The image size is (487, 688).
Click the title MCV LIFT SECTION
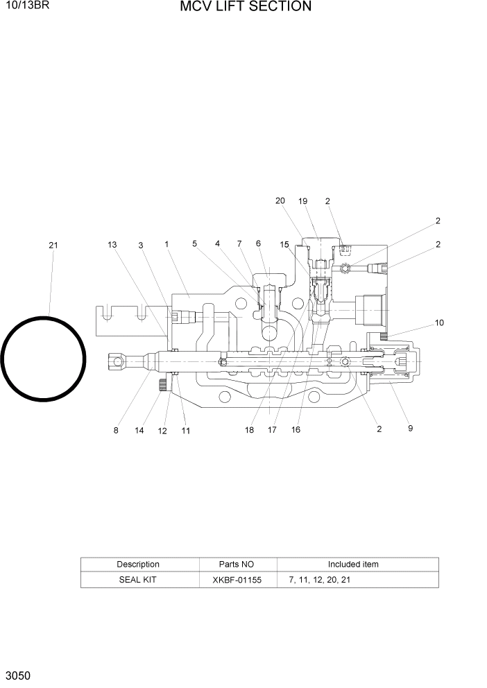point(246,7)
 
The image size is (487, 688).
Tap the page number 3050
point(17,675)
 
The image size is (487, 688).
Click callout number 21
point(53,245)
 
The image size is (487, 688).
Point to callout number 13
point(112,244)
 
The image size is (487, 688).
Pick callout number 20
point(280,201)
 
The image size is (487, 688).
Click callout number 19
point(302,201)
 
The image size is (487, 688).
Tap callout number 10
point(439,322)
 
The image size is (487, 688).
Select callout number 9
point(410,429)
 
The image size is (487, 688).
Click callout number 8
point(116,431)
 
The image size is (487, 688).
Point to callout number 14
point(139,431)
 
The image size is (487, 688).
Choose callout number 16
point(296,430)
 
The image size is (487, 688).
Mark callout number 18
point(249,430)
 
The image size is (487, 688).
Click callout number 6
point(258,243)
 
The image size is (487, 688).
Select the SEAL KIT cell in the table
point(138,579)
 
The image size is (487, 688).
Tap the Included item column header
point(353,565)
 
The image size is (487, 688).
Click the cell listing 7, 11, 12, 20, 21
point(319,579)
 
